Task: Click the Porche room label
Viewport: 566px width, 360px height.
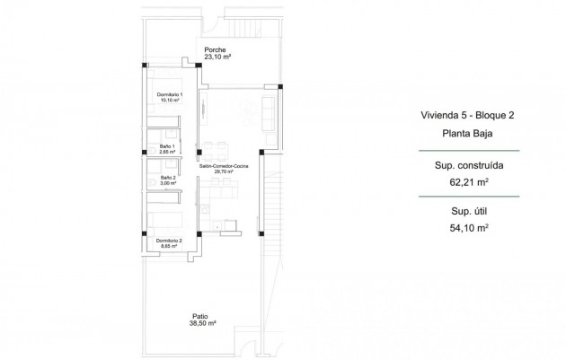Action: pyautogui.click(x=215, y=50)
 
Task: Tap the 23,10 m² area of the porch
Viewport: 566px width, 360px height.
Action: pyautogui.click(x=217, y=57)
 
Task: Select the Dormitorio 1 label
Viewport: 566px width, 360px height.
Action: pyautogui.click(x=169, y=95)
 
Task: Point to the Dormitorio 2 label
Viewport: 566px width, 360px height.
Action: pyautogui.click(x=169, y=241)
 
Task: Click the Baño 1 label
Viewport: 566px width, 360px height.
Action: pyautogui.click(x=168, y=146)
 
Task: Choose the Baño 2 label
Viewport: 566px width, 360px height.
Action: pyautogui.click(x=168, y=178)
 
